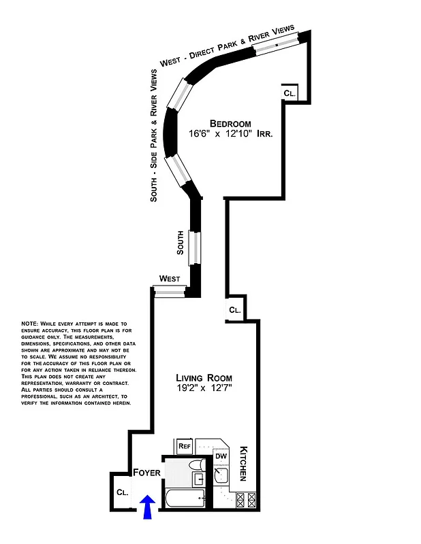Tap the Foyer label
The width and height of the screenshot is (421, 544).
(x=146, y=473)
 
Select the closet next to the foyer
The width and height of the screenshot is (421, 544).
(x=123, y=492)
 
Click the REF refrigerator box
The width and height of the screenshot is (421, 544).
(x=184, y=447)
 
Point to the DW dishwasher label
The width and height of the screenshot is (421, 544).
(x=221, y=456)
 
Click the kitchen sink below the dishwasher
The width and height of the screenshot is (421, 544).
(x=222, y=475)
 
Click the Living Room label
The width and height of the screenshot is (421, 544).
(x=204, y=378)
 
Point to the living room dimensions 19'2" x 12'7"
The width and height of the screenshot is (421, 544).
(x=204, y=389)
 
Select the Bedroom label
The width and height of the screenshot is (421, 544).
(x=230, y=123)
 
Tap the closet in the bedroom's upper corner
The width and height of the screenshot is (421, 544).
(x=289, y=94)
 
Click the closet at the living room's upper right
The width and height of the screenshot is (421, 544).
(x=234, y=309)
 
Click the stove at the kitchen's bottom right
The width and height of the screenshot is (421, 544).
(x=245, y=500)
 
